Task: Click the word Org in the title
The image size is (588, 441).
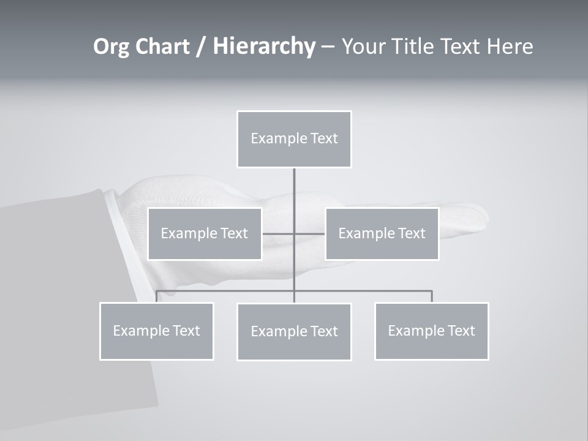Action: [x=111, y=47]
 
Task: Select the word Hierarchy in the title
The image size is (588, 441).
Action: [x=263, y=47]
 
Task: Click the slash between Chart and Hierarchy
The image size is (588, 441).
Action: [x=201, y=47]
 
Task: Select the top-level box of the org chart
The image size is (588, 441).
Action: [x=294, y=139]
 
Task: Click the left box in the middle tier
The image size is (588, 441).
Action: [x=205, y=233]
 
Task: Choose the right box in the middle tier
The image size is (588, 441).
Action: [x=382, y=233]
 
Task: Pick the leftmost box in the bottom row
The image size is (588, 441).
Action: [x=156, y=331]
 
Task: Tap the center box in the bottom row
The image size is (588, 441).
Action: [x=294, y=331]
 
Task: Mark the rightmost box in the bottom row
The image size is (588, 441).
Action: [x=431, y=331]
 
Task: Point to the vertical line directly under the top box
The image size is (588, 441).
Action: [x=294, y=190]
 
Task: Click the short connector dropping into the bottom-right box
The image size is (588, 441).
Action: [x=431, y=296]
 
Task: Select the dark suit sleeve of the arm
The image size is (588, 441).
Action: [x=61, y=306]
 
